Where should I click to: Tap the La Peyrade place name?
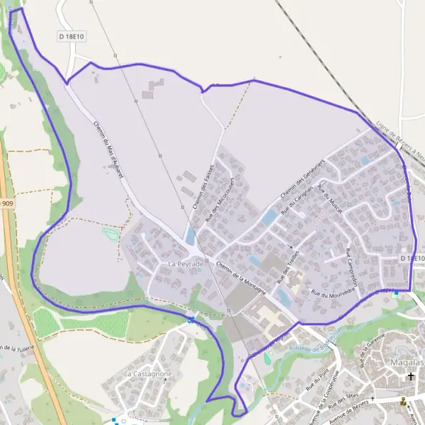186,263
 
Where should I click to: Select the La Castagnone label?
148,373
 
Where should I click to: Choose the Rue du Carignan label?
297,202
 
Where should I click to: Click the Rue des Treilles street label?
288,266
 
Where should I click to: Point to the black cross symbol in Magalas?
410,377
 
